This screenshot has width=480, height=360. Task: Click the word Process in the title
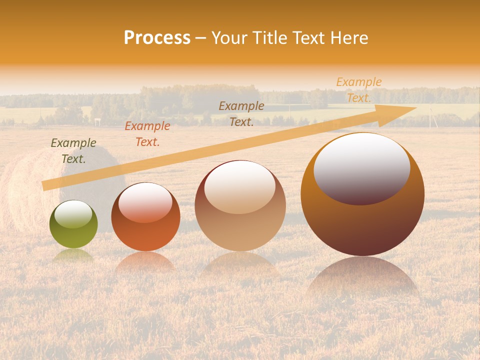pyautogui.click(x=157, y=38)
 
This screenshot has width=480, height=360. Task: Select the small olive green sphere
pyautogui.click(x=73, y=224)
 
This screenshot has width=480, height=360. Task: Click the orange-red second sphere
pyautogui.click(x=145, y=217)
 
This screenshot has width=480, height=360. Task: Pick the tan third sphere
pyautogui.click(x=240, y=206)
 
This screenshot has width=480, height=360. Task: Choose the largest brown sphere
pyautogui.click(x=362, y=194)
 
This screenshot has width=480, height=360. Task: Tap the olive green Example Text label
pyautogui.click(x=73, y=151)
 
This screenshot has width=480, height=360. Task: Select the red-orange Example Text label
pyautogui.click(x=147, y=134)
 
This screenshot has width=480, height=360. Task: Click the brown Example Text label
pyautogui.click(x=241, y=113)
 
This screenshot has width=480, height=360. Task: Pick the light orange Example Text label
pyautogui.click(x=358, y=90)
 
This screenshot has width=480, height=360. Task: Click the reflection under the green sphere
pyautogui.click(x=73, y=256)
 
